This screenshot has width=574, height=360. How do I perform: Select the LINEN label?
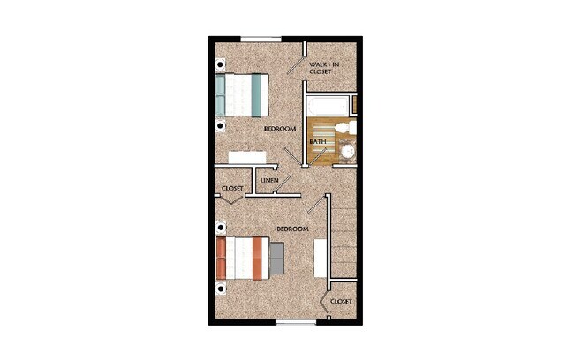269,182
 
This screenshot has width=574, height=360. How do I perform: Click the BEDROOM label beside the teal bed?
279,130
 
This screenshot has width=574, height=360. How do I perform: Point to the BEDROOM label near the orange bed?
292,229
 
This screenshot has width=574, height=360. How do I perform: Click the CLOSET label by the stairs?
341,302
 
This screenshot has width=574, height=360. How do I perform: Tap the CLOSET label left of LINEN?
232,189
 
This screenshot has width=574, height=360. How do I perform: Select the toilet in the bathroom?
349,130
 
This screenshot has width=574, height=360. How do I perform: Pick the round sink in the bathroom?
348,152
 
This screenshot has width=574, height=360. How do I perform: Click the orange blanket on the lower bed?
248,258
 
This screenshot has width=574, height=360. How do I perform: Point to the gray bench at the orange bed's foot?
276,258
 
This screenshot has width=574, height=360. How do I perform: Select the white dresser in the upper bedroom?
247,157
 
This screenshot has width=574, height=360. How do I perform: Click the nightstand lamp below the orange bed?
220,288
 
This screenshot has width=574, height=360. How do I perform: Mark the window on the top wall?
262,38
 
